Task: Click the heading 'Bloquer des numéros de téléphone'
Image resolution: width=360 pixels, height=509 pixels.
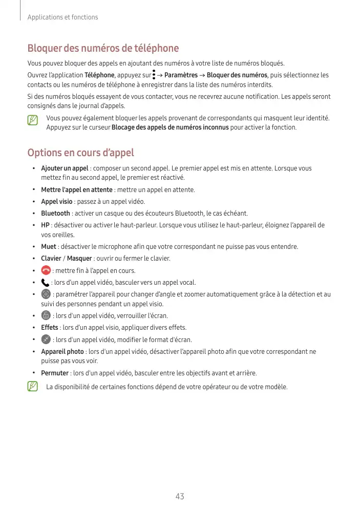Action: point(103,49)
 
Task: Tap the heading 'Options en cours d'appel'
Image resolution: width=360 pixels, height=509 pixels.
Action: point(80,153)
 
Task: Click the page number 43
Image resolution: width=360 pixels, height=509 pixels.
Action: point(179,496)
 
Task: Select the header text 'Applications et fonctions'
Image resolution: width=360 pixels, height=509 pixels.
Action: point(62,17)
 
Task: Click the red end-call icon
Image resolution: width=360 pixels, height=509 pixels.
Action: point(46,270)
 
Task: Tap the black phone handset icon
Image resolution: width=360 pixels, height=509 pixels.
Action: point(45,282)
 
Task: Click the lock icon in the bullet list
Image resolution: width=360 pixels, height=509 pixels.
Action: point(46,315)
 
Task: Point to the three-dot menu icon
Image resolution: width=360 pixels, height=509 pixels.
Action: point(154,75)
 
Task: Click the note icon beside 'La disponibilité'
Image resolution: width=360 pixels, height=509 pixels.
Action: point(33,387)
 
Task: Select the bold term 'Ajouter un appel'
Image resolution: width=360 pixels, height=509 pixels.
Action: point(65,168)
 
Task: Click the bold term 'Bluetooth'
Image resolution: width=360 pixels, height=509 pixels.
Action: point(55,213)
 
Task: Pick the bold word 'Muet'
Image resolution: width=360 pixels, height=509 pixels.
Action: point(49,247)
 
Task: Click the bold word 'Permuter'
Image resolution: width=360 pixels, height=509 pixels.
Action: point(55,373)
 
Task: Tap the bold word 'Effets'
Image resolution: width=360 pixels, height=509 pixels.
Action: point(50,327)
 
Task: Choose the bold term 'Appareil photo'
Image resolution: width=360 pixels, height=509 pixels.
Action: point(62,352)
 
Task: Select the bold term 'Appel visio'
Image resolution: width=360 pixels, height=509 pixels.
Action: point(57,201)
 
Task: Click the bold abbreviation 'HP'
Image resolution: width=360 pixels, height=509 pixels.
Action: point(45,225)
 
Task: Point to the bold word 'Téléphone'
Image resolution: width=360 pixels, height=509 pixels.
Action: point(99,75)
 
